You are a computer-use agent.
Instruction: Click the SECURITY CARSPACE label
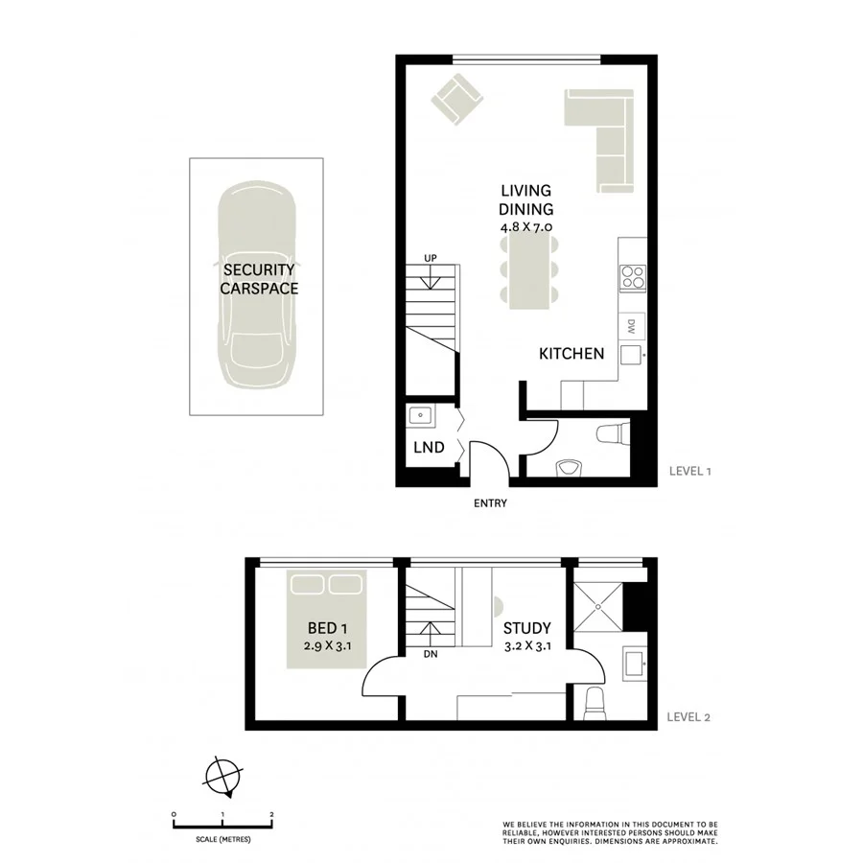coord(259,279)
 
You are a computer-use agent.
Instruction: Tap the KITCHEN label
coord(571,354)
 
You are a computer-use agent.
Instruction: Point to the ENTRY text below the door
coord(490,503)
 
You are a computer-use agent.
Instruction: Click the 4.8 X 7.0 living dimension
coord(526,227)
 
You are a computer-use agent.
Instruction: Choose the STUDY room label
coord(527,629)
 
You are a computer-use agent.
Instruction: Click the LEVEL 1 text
coord(688,472)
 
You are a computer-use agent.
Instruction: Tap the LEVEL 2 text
coord(688,715)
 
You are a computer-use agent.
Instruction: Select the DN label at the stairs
coord(430,655)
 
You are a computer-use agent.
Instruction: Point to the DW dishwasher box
coord(633,326)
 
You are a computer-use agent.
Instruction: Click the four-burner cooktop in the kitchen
coord(634,277)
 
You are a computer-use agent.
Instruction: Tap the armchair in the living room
coord(455,100)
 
